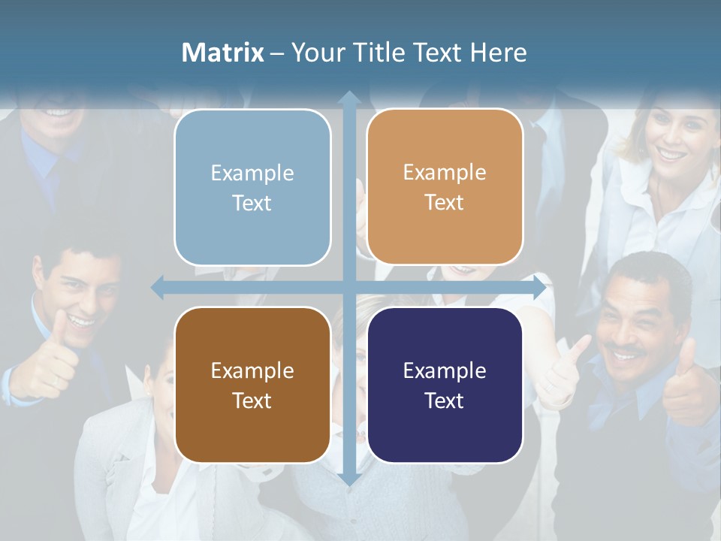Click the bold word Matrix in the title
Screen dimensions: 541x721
pyautogui.click(x=223, y=53)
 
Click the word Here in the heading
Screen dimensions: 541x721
pyautogui.click(x=498, y=53)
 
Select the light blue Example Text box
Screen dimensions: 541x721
pyautogui.click(x=252, y=187)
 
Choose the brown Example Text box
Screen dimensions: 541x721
pyautogui.click(x=252, y=385)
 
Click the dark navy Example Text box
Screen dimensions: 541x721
pyautogui.click(x=445, y=385)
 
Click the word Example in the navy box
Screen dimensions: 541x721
pyautogui.click(x=445, y=370)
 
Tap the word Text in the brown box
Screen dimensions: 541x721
pyautogui.click(x=252, y=400)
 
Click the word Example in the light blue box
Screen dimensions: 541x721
pyautogui.click(x=252, y=173)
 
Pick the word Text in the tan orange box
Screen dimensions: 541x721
pyautogui.click(x=445, y=202)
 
